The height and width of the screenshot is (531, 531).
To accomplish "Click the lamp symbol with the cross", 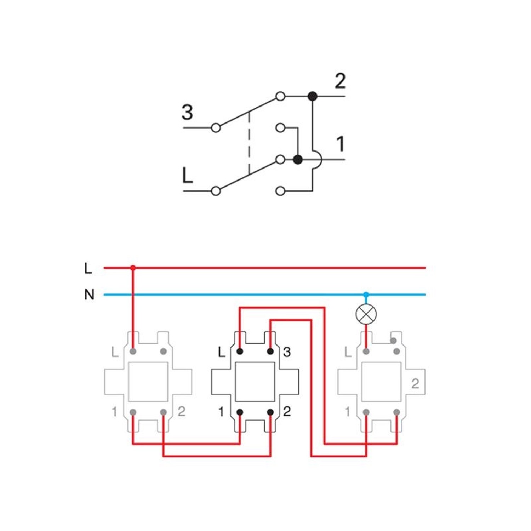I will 366,314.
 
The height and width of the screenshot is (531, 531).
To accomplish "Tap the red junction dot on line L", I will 133,268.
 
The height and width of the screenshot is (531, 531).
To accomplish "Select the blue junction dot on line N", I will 366,295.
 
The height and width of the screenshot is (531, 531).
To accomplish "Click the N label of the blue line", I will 89,295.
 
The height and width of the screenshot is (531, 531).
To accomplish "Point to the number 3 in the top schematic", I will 187,112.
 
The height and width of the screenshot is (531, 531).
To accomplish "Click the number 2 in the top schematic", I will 340,81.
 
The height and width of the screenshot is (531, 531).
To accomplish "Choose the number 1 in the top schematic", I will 340,144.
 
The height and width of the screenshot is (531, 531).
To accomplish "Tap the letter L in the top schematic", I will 187,176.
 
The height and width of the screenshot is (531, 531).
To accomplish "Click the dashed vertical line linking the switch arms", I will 249,143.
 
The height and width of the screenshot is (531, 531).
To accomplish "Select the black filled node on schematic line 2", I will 312,96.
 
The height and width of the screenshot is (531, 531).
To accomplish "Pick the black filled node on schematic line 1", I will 298,160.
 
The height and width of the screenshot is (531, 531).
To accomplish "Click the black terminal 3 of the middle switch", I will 270,352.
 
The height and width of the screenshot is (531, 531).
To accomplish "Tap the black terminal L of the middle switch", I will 240,352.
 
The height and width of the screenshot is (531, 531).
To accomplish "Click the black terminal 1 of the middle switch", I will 240,412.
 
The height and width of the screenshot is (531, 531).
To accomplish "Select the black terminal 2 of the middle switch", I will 270,412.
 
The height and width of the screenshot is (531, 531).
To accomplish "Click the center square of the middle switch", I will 255,382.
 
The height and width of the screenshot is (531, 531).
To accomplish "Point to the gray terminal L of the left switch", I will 133,352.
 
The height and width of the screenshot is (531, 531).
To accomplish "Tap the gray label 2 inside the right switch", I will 415,383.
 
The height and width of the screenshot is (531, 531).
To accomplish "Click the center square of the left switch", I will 148,382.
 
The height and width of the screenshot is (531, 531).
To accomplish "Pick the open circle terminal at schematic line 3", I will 216,128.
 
